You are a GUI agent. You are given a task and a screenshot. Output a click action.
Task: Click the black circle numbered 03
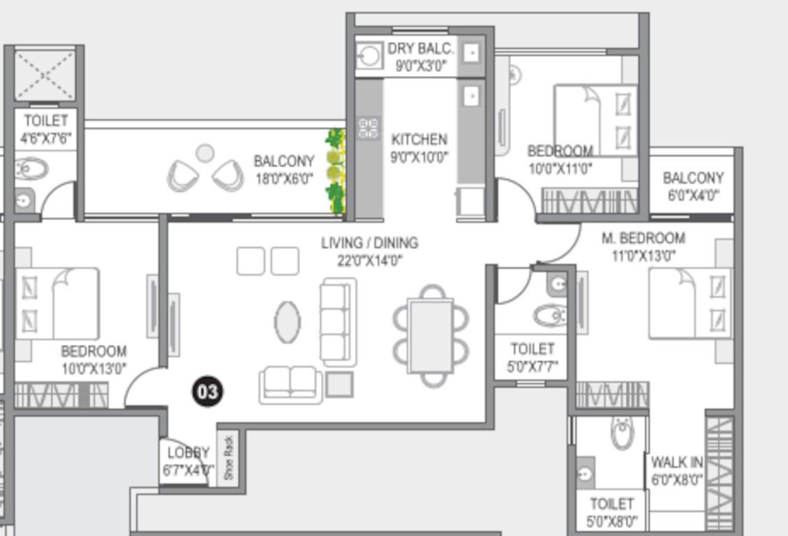coord(207,392)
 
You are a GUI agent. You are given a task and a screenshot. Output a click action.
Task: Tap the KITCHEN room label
coord(419,139)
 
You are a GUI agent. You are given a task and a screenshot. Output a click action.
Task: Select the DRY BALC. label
coord(421,49)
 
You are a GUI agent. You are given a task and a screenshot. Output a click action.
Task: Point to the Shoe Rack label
coord(230,458)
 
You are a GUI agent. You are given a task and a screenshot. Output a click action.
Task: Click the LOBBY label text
coord(188,452)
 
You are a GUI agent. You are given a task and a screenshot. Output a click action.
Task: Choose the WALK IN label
coord(676,463)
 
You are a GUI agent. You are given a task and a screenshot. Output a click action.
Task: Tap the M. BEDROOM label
coord(644,238)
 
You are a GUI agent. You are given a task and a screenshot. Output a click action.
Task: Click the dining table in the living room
coord(431,334)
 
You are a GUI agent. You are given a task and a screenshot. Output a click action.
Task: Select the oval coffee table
coord(287,322)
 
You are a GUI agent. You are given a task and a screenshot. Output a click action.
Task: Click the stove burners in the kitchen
coord(369,128)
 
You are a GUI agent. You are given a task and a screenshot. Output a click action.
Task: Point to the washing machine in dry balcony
coord(368,55)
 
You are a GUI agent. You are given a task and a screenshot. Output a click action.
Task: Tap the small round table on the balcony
coord(205,153)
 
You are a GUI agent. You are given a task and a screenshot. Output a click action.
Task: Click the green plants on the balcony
coord(336,171)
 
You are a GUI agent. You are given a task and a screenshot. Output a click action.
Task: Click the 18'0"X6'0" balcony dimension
coord(283,179)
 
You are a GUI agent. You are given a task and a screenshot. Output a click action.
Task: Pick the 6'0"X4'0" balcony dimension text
coord(693,196)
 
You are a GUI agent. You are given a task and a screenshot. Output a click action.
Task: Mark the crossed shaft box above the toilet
coord(45,75)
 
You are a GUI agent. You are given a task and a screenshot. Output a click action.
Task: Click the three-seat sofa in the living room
coord(339,322)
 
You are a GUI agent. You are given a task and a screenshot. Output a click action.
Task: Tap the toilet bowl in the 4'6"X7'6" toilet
coord(31,169)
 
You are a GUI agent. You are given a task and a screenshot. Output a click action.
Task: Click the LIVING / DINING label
coord(369,243)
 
